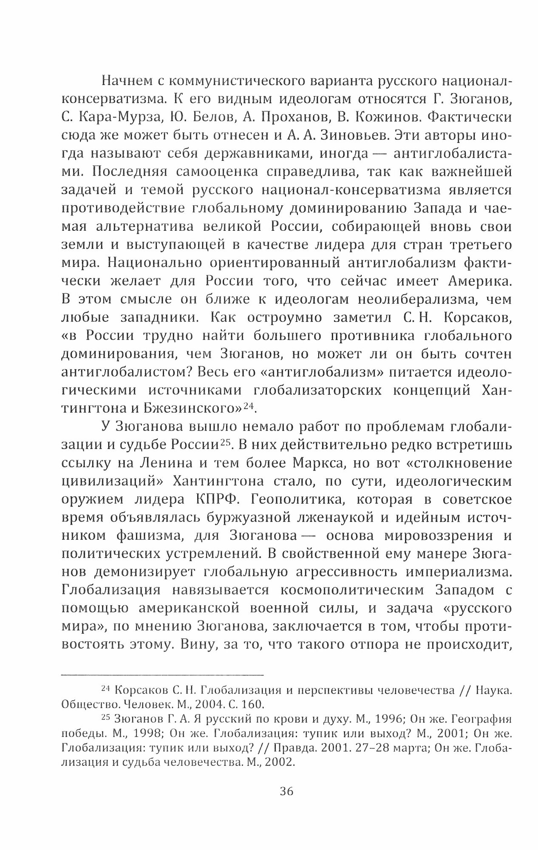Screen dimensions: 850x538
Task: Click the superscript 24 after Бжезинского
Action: pyautogui.click(x=248, y=407)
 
